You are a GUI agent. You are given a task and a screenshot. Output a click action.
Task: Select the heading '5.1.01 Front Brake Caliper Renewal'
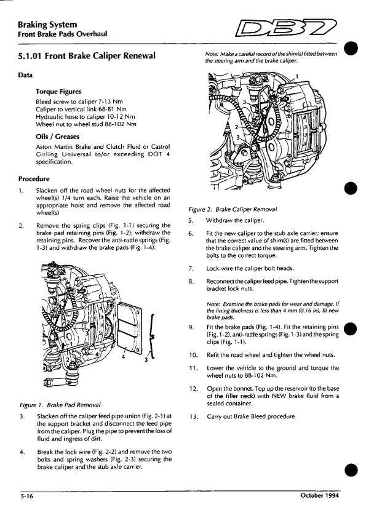coord(86,56)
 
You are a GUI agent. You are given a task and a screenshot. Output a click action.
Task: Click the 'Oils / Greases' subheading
coord(58,136)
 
